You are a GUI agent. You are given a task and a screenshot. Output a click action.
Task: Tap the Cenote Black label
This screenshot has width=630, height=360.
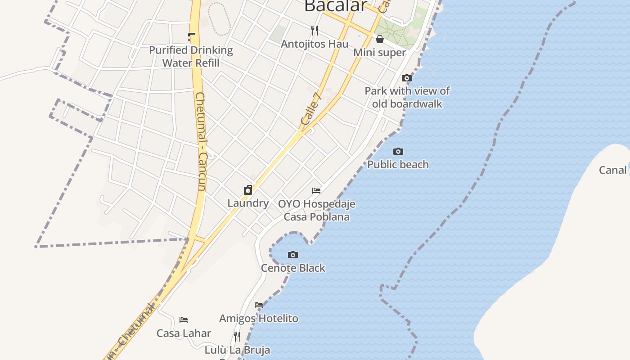click(293, 268)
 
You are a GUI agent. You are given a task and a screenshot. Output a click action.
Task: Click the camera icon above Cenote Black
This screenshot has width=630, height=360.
click(293, 255)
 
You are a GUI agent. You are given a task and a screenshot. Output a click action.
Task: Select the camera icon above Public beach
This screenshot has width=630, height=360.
click(398, 152)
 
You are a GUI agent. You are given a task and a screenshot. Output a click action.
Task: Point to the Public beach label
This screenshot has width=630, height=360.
click(398, 165)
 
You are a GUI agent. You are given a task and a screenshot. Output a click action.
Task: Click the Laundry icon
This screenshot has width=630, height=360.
click(248, 190)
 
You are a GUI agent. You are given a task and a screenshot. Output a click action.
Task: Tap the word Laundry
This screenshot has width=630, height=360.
click(248, 203)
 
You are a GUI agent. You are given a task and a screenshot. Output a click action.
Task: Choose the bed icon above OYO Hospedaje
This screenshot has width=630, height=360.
click(316, 191)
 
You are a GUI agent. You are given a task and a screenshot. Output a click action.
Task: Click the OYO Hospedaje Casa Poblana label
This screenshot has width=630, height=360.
click(316, 210)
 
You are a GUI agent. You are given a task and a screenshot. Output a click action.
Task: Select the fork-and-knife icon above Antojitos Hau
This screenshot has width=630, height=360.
click(315, 31)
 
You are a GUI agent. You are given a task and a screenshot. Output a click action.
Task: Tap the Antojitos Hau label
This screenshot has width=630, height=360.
click(315, 44)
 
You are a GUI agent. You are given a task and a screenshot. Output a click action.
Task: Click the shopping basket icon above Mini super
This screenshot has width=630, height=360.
click(380, 40)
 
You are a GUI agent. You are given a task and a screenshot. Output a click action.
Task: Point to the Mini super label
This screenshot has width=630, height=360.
click(379, 53)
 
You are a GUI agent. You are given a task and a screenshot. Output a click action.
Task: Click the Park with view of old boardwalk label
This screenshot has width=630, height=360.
click(407, 97)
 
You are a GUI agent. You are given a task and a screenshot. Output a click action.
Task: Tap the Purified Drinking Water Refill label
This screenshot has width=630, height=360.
click(191, 56)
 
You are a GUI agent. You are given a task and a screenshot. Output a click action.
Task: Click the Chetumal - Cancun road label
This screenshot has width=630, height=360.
click(201, 142)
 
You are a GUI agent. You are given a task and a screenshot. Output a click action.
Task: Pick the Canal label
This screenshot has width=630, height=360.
click(612, 170)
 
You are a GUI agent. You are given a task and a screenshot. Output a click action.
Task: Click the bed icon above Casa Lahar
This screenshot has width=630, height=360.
click(184, 320)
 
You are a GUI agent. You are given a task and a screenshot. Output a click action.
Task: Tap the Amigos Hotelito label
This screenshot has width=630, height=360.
click(258, 319)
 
